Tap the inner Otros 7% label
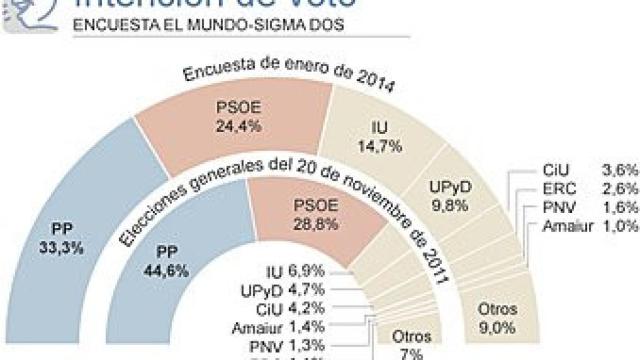(404, 344)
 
